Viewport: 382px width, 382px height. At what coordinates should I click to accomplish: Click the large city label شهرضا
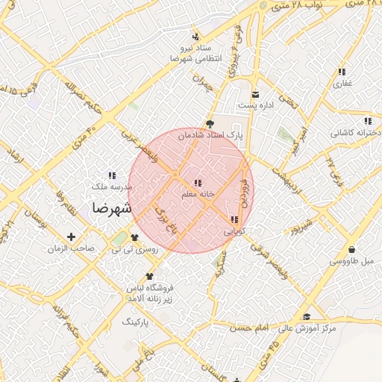click(x=111, y=208)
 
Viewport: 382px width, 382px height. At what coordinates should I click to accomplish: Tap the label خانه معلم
click(x=198, y=194)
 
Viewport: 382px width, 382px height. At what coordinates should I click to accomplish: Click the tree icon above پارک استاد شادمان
click(x=209, y=125)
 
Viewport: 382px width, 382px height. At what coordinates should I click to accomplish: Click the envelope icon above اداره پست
click(x=256, y=94)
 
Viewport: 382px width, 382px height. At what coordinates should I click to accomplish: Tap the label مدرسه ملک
click(x=112, y=187)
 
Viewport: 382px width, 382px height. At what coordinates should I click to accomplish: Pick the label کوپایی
click(x=234, y=231)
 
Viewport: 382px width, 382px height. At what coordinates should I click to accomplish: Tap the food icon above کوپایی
click(x=235, y=220)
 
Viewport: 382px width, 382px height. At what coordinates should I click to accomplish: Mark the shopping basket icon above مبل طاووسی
click(x=351, y=250)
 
